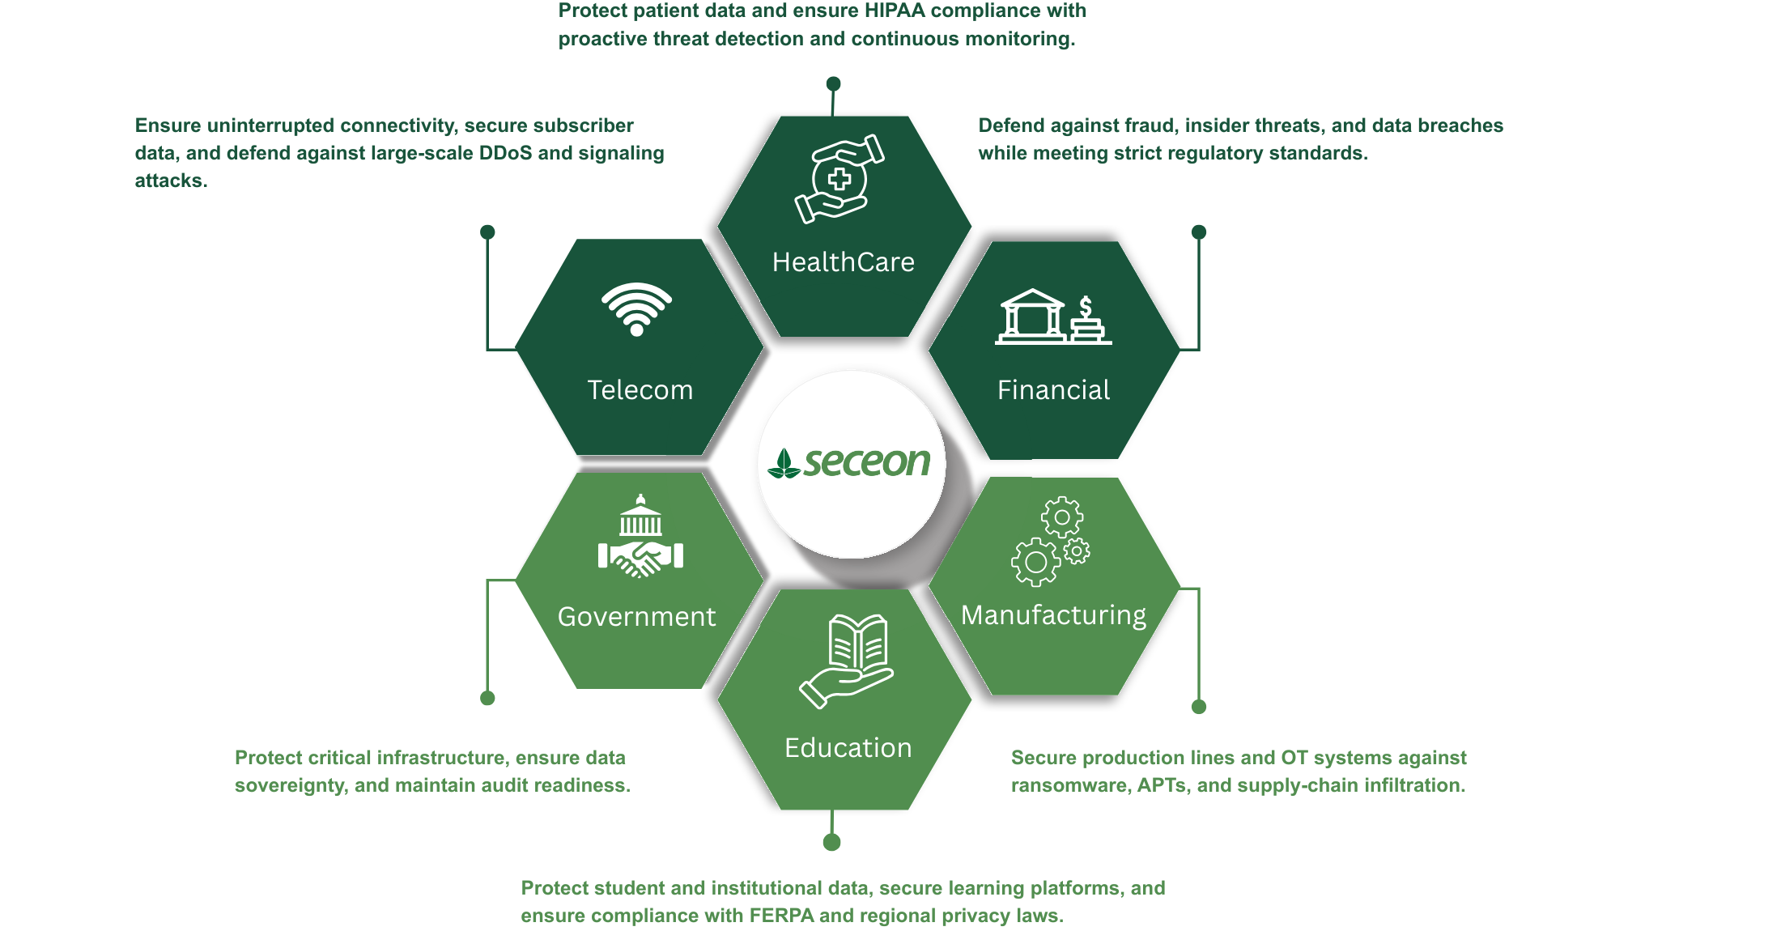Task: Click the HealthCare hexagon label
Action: (x=843, y=262)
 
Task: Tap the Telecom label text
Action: (x=640, y=390)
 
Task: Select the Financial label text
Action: (x=1053, y=390)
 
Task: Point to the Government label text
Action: (x=636, y=617)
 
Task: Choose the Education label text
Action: (x=848, y=748)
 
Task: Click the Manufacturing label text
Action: (x=1053, y=615)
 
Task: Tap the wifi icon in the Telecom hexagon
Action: (x=636, y=308)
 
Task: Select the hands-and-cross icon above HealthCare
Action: (x=839, y=179)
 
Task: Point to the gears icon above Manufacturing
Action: (x=1051, y=541)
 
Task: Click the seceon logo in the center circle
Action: (x=850, y=463)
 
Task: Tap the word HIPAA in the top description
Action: (x=895, y=11)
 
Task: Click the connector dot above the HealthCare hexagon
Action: (x=833, y=83)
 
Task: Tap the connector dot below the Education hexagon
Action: (x=831, y=843)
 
